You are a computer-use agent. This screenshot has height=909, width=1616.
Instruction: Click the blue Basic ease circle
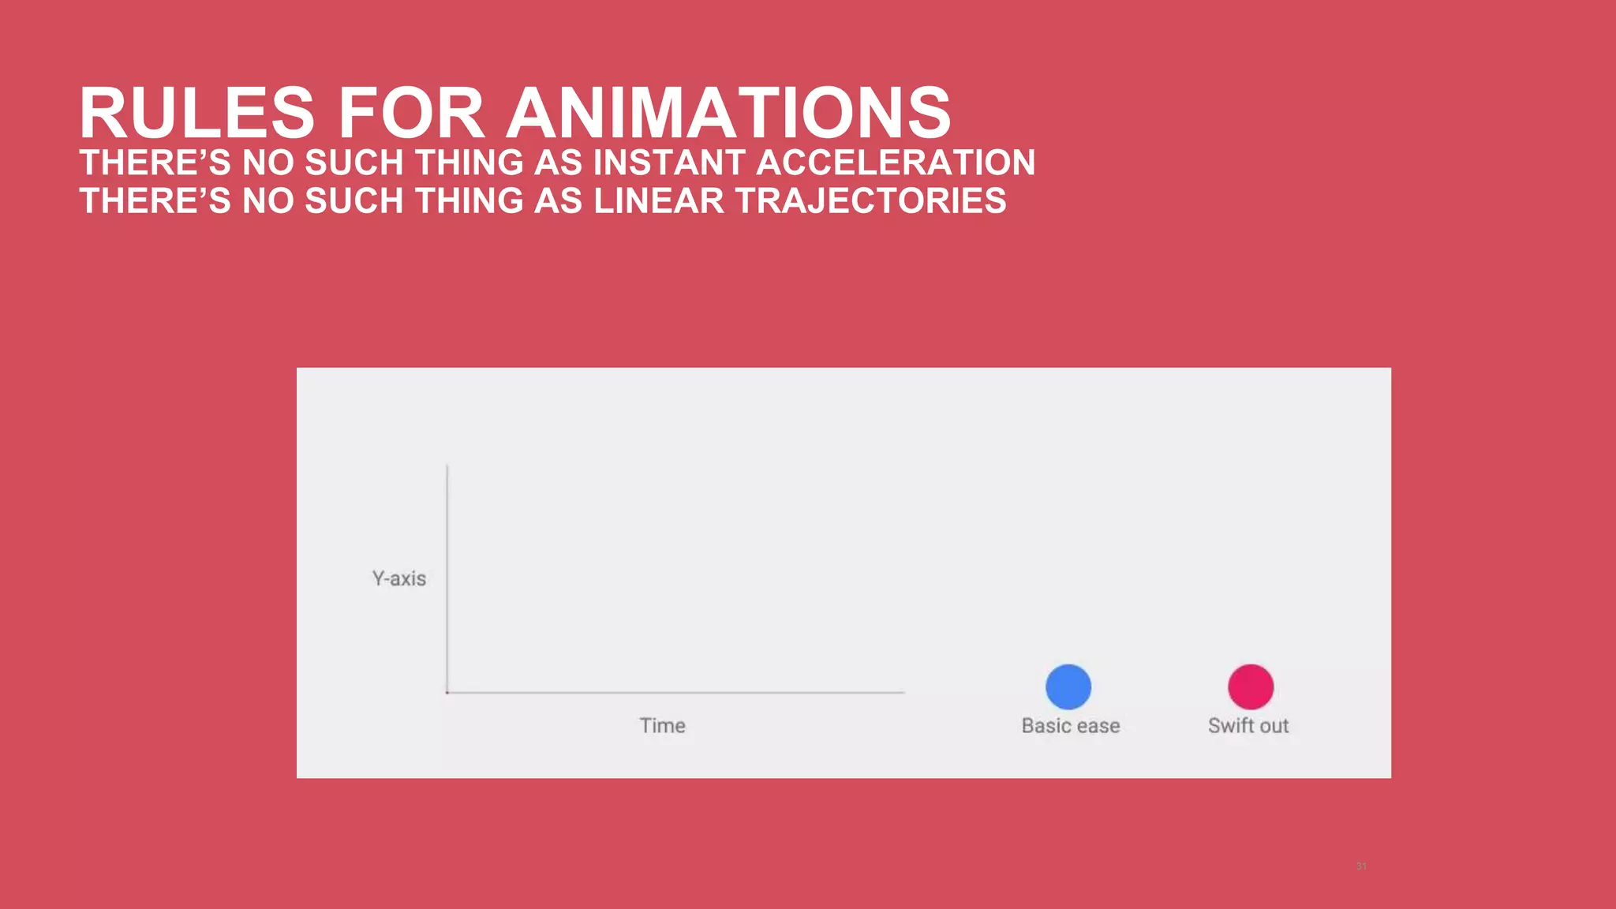[1068, 686]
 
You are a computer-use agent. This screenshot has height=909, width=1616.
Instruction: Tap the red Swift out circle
[1251, 686]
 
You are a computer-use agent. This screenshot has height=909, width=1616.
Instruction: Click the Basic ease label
[1071, 726]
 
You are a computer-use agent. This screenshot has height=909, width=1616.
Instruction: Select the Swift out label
[1248, 726]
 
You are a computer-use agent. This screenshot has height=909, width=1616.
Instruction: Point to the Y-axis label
[399, 578]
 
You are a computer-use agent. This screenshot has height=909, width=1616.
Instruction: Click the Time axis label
[662, 726]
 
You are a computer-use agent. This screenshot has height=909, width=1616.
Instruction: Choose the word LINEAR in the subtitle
[658, 200]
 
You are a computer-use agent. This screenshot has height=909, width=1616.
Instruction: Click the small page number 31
[1361, 866]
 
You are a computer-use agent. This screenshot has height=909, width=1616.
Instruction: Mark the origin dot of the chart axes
[447, 693]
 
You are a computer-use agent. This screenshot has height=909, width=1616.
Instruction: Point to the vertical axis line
[447, 576]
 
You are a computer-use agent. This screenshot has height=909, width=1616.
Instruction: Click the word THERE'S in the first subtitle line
[155, 163]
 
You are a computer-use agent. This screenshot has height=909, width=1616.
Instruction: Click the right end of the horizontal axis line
[903, 693]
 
